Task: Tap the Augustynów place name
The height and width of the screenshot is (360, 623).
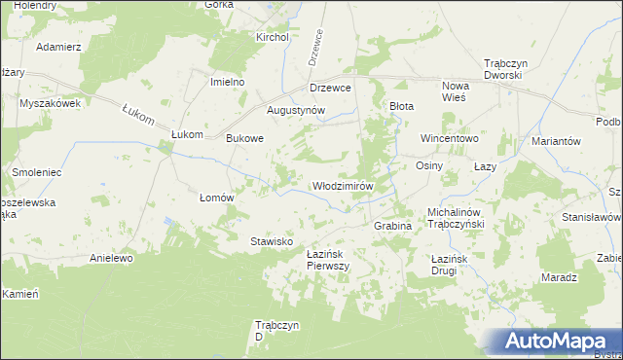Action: coord(295,111)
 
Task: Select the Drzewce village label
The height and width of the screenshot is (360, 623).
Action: coord(330,87)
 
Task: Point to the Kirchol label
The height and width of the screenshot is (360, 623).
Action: coord(273,37)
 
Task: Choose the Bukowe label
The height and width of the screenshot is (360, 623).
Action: coord(245,138)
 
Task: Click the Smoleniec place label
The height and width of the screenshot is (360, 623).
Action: coord(37,171)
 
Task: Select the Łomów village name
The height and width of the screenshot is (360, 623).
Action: coord(217,197)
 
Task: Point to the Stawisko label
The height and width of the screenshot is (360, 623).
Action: coord(272,240)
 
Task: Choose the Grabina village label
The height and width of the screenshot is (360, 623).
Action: coord(394,225)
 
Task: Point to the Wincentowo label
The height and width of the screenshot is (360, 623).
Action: coord(449,138)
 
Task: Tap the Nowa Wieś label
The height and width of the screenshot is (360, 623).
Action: coord(455,91)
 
